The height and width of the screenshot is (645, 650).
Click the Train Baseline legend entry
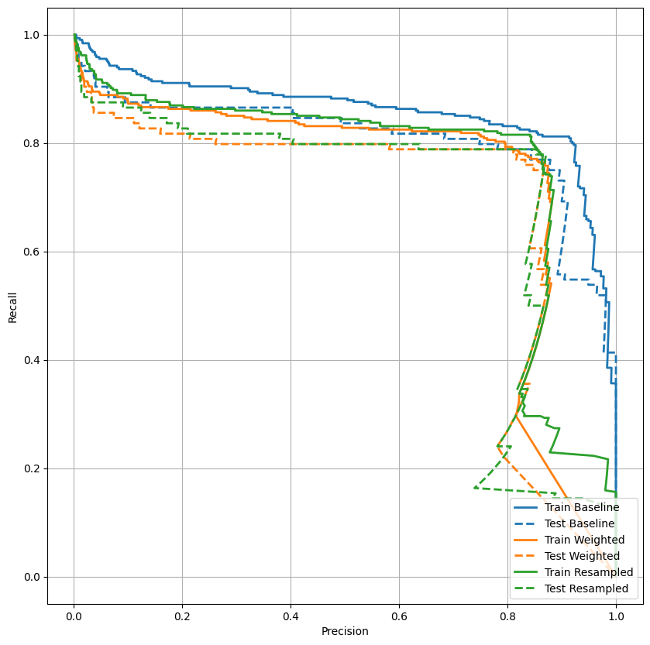coord(593,507)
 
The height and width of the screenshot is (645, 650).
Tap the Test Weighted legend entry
coord(593,556)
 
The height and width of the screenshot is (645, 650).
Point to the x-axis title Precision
coord(345,631)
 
